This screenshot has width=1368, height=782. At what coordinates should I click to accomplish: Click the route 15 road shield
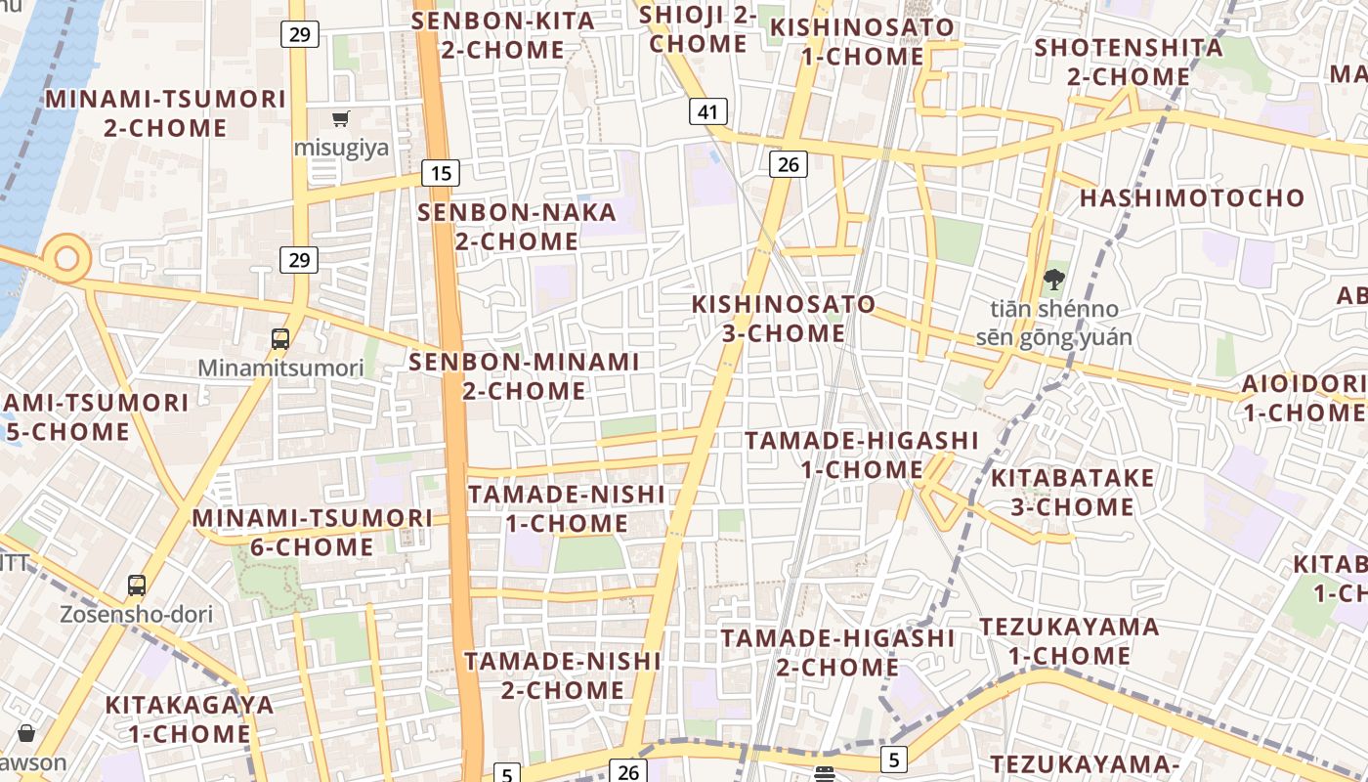(x=441, y=174)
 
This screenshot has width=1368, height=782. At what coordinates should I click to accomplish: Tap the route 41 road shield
(x=708, y=111)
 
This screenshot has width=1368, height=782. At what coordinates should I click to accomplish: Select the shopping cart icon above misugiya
(x=341, y=119)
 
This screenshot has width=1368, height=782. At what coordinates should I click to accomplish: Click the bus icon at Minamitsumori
(x=280, y=339)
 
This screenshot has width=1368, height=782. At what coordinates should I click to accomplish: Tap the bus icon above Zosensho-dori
(x=137, y=586)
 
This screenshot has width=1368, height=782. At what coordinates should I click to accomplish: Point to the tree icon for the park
(x=1053, y=281)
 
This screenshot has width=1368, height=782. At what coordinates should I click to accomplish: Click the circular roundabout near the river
(x=66, y=259)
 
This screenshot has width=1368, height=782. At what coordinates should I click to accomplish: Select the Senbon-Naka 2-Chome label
(x=517, y=227)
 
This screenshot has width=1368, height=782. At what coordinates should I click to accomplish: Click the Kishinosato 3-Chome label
(x=784, y=319)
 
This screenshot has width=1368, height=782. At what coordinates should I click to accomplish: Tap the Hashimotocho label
(x=1192, y=198)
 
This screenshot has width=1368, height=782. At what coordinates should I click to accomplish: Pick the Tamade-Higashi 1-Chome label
(x=861, y=455)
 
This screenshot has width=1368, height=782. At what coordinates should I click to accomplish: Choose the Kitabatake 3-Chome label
(x=1073, y=493)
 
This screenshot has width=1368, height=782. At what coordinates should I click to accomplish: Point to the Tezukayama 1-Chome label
(x=1069, y=640)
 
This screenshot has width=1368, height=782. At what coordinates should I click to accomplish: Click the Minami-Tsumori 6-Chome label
(x=313, y=532)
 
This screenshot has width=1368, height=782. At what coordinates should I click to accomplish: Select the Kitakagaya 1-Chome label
(x=190, y=718)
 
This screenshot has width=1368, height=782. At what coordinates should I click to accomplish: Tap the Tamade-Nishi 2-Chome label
(x=563, y=675)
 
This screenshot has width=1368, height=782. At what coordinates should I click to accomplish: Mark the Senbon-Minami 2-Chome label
(x=524, y=376)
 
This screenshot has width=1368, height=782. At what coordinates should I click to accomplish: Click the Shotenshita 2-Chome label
(x=1129, y=62)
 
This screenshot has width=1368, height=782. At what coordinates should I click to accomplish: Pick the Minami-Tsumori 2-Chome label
(x=166, y=113)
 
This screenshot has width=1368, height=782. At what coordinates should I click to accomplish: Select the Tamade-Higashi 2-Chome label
(x=837, y=652)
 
